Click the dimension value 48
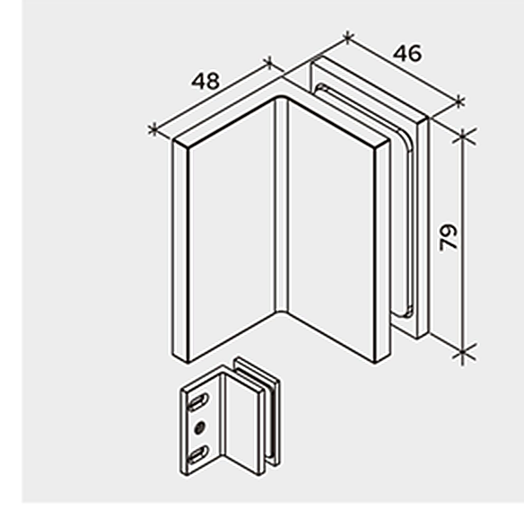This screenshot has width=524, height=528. (x=205, y=81)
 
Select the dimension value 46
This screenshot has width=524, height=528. (x=407, y=53)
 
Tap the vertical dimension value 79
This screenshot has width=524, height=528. (x=449, y=238)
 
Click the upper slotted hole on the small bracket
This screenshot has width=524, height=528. (x=198, y=401)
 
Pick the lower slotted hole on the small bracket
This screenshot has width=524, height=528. (x=198, y=454)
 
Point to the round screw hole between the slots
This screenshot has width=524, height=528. (x=200, y=427)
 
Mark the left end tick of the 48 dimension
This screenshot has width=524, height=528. (x=153, y=129)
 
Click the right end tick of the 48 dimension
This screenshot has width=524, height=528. (x=269, y=62)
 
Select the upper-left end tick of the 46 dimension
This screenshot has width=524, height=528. (x=348, y=37)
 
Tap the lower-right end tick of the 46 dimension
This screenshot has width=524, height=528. (x=459, y=101)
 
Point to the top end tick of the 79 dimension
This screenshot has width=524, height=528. (x=463, y=135)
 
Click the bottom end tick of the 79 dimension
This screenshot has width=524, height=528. (x=463, y=352)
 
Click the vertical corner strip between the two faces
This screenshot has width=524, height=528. (x=282, y=206)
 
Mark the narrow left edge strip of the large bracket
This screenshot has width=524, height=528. (x=180, y=251)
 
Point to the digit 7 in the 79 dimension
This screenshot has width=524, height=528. (x=449, y=245)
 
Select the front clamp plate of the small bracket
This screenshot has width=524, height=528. (x=243, y=425)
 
